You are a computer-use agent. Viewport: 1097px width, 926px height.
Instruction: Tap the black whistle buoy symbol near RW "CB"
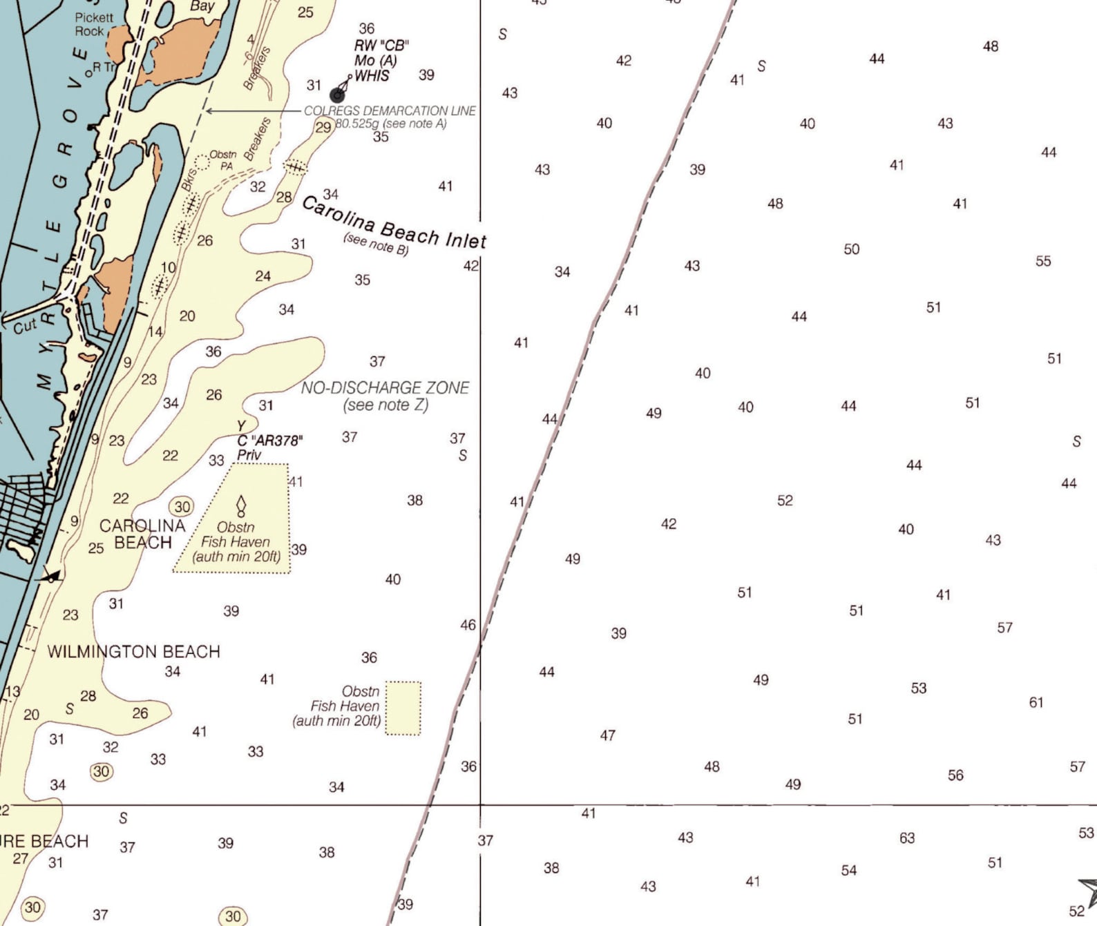(x=338, y=95)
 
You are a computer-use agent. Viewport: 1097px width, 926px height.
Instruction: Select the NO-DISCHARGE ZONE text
(x=385, y=387)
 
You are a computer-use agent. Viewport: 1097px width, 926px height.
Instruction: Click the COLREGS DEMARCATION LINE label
(x=390, y=110)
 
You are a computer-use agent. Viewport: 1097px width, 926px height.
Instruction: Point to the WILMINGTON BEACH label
(x=133, y=651)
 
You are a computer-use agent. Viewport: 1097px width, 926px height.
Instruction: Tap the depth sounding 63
(x=907, y=838)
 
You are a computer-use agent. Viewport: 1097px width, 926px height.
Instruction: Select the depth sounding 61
(x=1036, y=702)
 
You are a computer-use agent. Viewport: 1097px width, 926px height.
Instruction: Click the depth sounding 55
(x=1043, y=261)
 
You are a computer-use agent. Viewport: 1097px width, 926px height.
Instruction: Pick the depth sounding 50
(x=851, y=249)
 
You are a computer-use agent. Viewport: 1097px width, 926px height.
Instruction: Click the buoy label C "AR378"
(x=270, y=441)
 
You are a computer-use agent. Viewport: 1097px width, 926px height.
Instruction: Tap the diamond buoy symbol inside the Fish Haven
(x=241, y=505)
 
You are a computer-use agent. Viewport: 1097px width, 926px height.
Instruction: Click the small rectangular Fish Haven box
(x=403, y=708)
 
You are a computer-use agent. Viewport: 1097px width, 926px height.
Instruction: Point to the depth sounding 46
(x=468, y=625)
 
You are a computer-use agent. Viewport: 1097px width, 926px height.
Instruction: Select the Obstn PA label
(x=222, y=160)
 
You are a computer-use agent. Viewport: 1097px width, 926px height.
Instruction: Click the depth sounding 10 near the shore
(x=168, y=267)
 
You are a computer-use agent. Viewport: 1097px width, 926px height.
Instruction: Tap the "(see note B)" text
(x=376, y=244)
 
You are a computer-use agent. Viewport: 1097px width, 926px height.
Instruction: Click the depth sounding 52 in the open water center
(x=785, y=500)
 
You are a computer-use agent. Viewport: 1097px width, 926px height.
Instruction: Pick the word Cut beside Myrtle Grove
(x=25, y=327)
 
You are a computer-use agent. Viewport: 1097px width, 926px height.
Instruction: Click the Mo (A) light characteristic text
(x=375, y=61)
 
